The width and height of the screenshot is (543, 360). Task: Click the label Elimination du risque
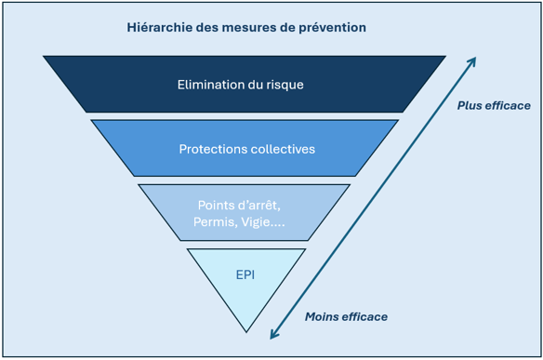[x=241, y=85]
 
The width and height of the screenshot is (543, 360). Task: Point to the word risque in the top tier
[x=283, y=85]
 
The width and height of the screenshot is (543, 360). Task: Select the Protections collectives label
[x=246, y=149]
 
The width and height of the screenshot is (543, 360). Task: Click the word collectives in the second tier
[x=281, y=149]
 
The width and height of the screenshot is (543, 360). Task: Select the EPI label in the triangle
[x=245, y=275]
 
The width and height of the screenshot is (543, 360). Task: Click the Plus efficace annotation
[x=494, y=105]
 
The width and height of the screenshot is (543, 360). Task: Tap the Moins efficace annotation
[x=346, y=317]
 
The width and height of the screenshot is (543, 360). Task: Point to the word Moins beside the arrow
[x=322, y=317]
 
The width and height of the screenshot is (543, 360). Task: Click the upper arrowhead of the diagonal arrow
[x=472, y=61]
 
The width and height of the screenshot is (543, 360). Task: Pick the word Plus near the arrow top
[x=470, y=105]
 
